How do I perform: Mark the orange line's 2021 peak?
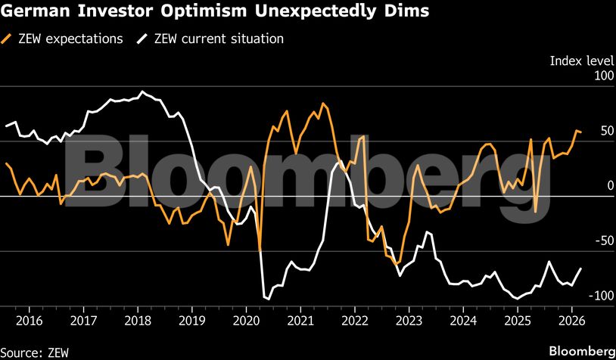323,103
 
